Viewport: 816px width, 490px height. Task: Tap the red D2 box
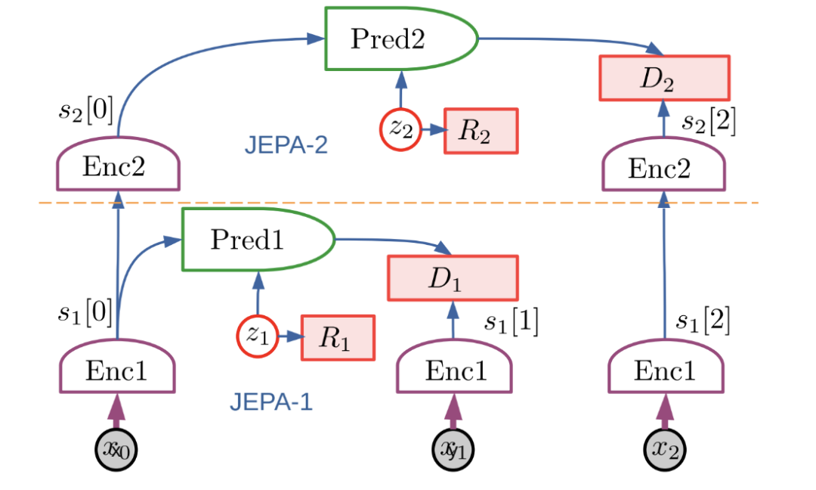(x=664, y=78)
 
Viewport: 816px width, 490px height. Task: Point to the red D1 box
(x=452, y=278)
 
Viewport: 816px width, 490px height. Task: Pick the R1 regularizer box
(x=338, y=337)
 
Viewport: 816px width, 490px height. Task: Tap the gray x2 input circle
(x=665, y=450)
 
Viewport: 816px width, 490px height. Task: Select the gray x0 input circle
(x=117, y=451)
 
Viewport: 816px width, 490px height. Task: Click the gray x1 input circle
(x=453, y=450)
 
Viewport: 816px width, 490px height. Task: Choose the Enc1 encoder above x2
(x=665, y=371)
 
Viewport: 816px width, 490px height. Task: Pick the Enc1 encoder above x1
(x=454, y=371)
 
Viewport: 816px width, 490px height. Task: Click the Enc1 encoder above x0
(x=117, y=371)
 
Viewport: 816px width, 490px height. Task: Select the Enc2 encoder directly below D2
(x=664, y=168)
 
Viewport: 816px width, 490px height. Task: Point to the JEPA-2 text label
(x=286, y=145)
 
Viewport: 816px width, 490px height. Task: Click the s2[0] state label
(x=86, y=111)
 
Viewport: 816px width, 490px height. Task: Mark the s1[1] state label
(x=511, y=323)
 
